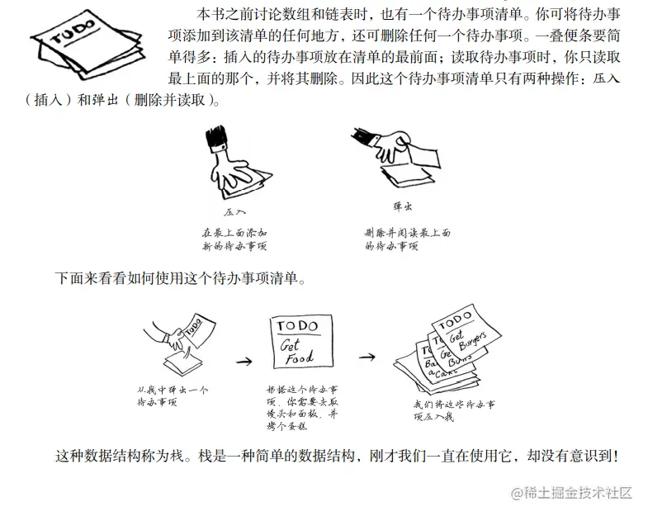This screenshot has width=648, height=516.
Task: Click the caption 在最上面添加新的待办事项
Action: click(234, 239)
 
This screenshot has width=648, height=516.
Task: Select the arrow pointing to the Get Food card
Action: click(243, 361)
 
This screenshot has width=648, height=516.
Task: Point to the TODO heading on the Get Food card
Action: click(296, 328)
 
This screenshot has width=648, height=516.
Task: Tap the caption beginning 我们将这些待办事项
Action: click(454, 410)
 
